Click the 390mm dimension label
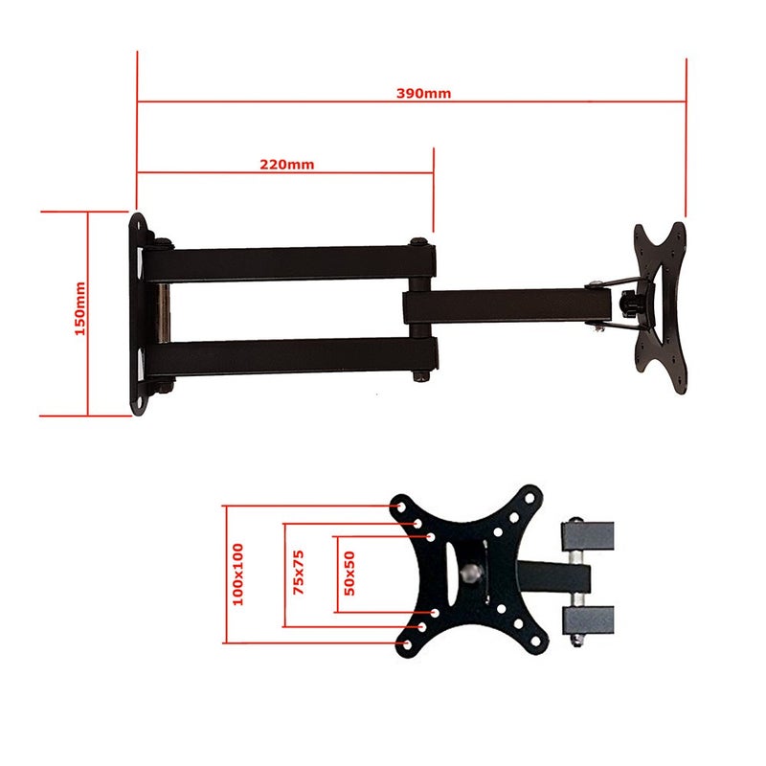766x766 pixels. click(x=423, y=94)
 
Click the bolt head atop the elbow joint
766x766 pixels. click(x=419, y=242)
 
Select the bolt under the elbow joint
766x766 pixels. click(x=420, y=376)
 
